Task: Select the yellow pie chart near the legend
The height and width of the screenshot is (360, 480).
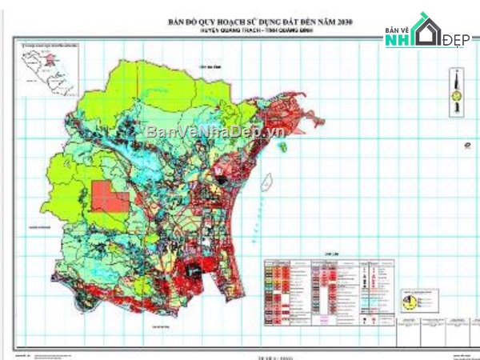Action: [411, 302]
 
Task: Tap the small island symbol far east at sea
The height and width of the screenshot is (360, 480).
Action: [463, 146]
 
